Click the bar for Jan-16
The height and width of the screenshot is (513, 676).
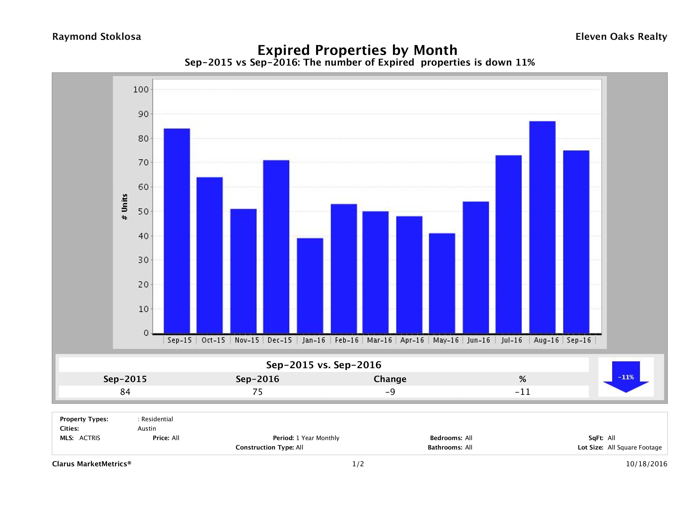tap(310, 286)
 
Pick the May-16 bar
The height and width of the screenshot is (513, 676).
tap(442, 283)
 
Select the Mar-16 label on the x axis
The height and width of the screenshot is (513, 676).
tap(379, 340)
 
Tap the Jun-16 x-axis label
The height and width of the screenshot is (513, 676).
tap(478, 340)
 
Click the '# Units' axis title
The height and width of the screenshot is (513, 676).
tap(124, 207)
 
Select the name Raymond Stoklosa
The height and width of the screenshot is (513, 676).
tap(97, 37)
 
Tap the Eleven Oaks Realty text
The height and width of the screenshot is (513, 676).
tap(621, 37)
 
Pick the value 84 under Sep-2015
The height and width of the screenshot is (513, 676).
tap(125, 392)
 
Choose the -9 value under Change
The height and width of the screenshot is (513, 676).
tap(390, 392)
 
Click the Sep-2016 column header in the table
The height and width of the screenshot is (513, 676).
tap(257, 379)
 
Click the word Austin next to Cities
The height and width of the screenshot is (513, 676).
tap(147, 429)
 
